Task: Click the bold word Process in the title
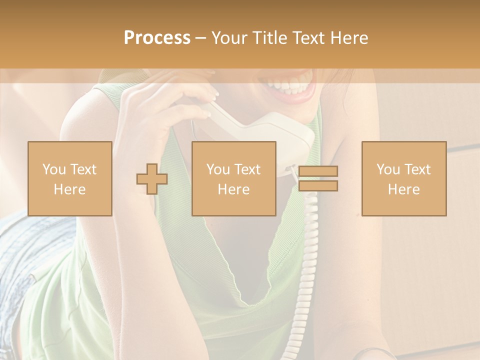pos(157,38)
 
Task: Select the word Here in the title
pos(348,38)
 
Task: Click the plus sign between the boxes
pos(152,179)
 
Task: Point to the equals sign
pos(318,178)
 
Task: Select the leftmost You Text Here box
pos(69,178)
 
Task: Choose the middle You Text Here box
pos(233,178)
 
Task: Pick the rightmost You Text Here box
pos(404,178)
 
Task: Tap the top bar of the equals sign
pos(318,171)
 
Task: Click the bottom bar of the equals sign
pos(318,186)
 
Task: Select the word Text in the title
pos(308,38)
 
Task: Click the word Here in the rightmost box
pos(404,189)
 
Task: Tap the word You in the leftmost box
pos(53,169)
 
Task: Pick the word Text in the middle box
pos(247,169)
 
